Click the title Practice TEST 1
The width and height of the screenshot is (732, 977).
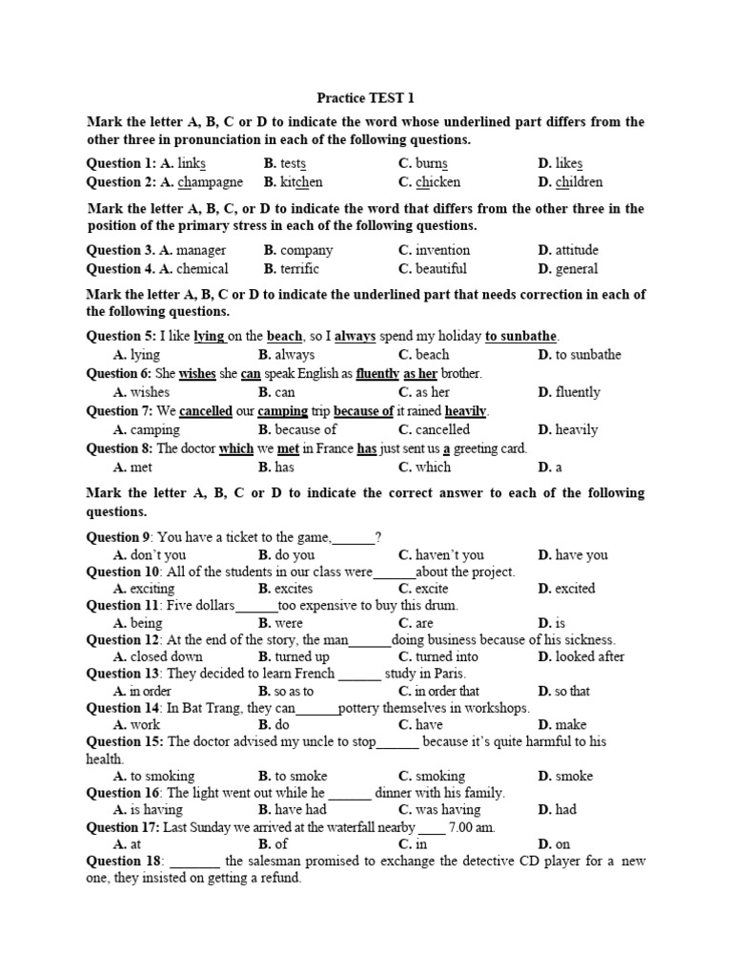tap(365, 98)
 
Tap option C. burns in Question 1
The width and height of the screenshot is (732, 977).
tap(423, 163)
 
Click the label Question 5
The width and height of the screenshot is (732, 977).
tap(119, 336)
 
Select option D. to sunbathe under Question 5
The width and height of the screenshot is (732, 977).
tap(579, 355)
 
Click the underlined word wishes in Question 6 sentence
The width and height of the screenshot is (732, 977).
tap(197, 373)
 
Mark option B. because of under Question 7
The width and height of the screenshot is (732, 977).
tap(297, 429)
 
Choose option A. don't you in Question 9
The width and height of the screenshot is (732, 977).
tap(150, 554)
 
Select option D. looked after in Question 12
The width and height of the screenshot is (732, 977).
tap(581, 656)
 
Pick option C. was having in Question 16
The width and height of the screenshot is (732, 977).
tap(439, 809)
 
